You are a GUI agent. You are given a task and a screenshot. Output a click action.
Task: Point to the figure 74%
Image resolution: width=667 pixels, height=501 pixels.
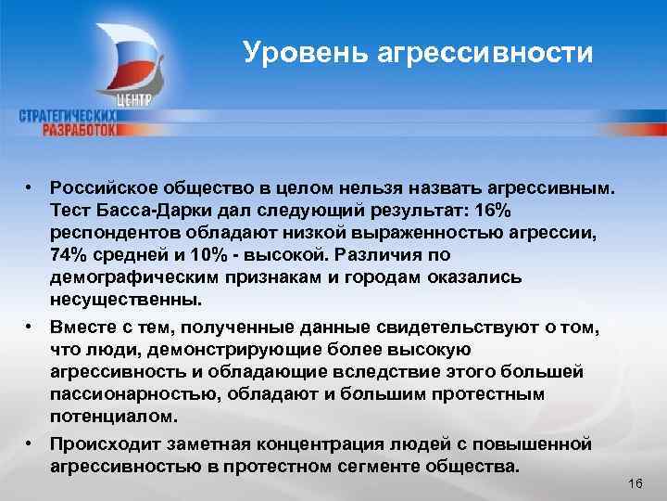click(71, 254)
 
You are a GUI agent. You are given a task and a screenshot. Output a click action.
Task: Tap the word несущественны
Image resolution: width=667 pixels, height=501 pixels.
click(126, 301)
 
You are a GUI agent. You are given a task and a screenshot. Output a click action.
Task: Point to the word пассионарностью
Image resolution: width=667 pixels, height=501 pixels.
click(125, 395)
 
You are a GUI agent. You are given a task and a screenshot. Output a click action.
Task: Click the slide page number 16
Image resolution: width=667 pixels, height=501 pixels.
click(635, 485)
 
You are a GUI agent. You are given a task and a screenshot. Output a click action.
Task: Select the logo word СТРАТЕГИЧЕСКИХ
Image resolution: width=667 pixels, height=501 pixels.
click(69, 115)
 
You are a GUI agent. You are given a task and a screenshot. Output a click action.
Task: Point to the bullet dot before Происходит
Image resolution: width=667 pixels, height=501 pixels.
click(31, 442)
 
